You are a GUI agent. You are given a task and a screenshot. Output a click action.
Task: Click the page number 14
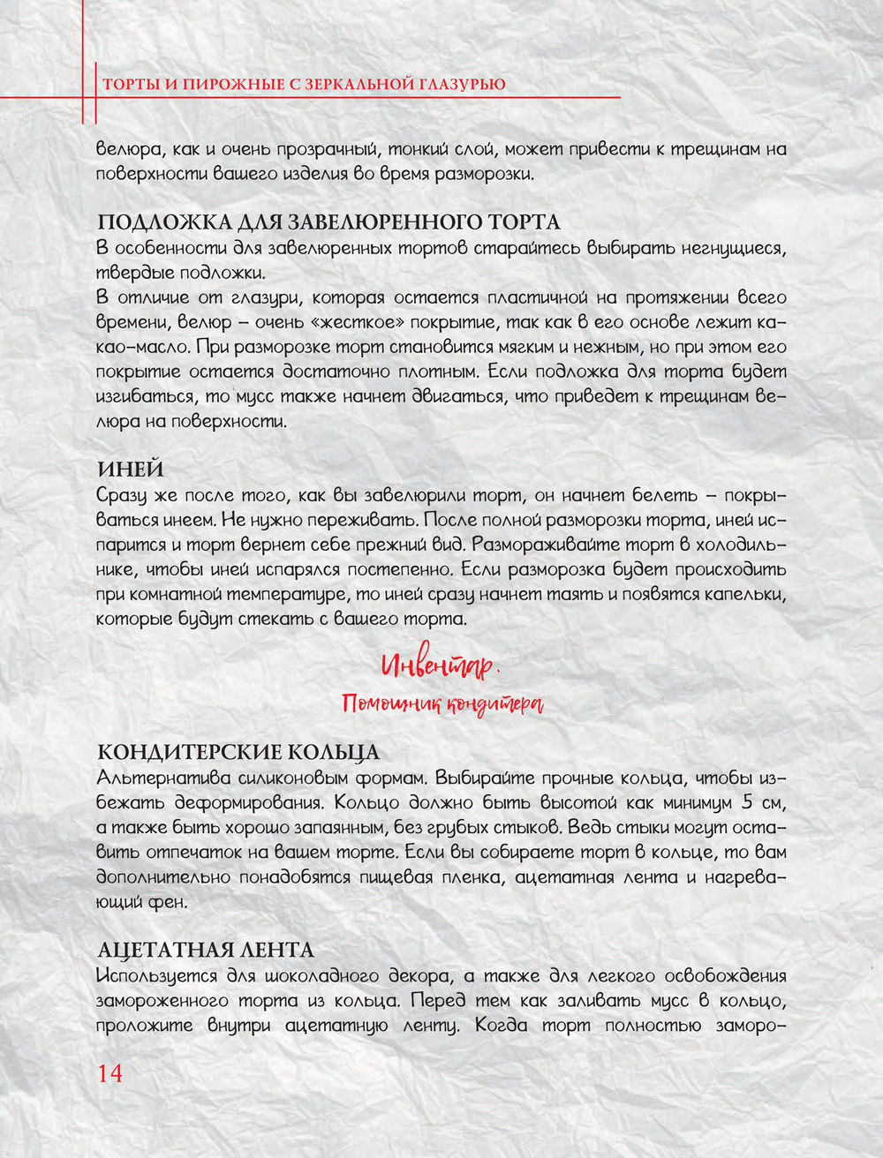coord(110,1073)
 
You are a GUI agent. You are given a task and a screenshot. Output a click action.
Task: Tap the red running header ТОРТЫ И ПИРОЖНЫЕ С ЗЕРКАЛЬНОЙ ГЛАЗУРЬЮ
coord(305,85)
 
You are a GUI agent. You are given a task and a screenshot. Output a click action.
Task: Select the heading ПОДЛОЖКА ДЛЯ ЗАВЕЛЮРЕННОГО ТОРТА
coord(328,222)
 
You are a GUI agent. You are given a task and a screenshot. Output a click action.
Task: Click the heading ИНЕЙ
coord(130,469)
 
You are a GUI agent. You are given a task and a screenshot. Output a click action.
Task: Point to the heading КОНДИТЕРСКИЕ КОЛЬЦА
coord(238,752)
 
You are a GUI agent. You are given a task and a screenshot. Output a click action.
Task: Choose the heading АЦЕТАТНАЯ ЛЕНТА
coord(205,950)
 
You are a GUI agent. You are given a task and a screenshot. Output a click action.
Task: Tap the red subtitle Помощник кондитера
coord(442,703)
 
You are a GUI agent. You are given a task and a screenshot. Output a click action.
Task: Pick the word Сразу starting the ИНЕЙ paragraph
coord(124,495)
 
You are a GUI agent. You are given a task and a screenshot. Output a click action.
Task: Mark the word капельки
coord(740,594)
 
